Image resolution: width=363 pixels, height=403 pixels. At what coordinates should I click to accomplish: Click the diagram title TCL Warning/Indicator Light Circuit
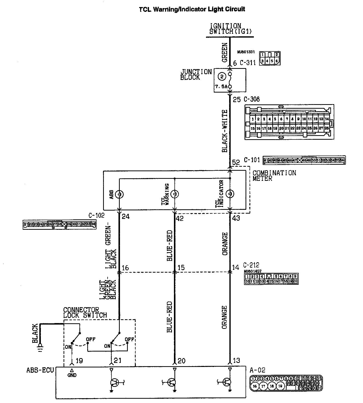pos(192,10)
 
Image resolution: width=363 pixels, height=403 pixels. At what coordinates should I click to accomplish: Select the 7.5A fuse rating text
pos(221,87)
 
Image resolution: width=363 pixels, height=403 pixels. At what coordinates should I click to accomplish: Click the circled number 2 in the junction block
pos(222,76)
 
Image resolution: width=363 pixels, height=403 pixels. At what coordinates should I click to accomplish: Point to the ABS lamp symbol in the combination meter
pos(119,194)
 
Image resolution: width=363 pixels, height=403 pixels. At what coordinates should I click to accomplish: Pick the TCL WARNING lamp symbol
pos(174,194)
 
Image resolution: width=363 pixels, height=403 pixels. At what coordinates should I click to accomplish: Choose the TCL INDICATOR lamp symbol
pos(230,194)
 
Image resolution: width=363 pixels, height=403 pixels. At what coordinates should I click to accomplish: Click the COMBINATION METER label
pos(274,176)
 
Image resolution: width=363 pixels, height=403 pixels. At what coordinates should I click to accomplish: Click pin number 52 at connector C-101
pos(236,162)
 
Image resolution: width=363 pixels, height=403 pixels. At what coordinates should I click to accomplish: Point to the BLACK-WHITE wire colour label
pos(225,131)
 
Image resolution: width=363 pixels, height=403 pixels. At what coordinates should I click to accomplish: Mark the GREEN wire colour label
pos(225,52)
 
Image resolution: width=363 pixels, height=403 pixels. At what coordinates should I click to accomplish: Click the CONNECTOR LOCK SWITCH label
pos(85,313)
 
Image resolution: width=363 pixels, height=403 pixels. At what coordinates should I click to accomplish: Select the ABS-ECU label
pos(40,370)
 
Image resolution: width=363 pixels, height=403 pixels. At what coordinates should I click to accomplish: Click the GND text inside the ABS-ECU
pos(72,375)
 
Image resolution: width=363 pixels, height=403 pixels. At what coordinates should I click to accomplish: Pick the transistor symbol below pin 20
pos(172,382)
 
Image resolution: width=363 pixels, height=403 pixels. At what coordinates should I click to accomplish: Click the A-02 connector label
pos(257,370)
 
